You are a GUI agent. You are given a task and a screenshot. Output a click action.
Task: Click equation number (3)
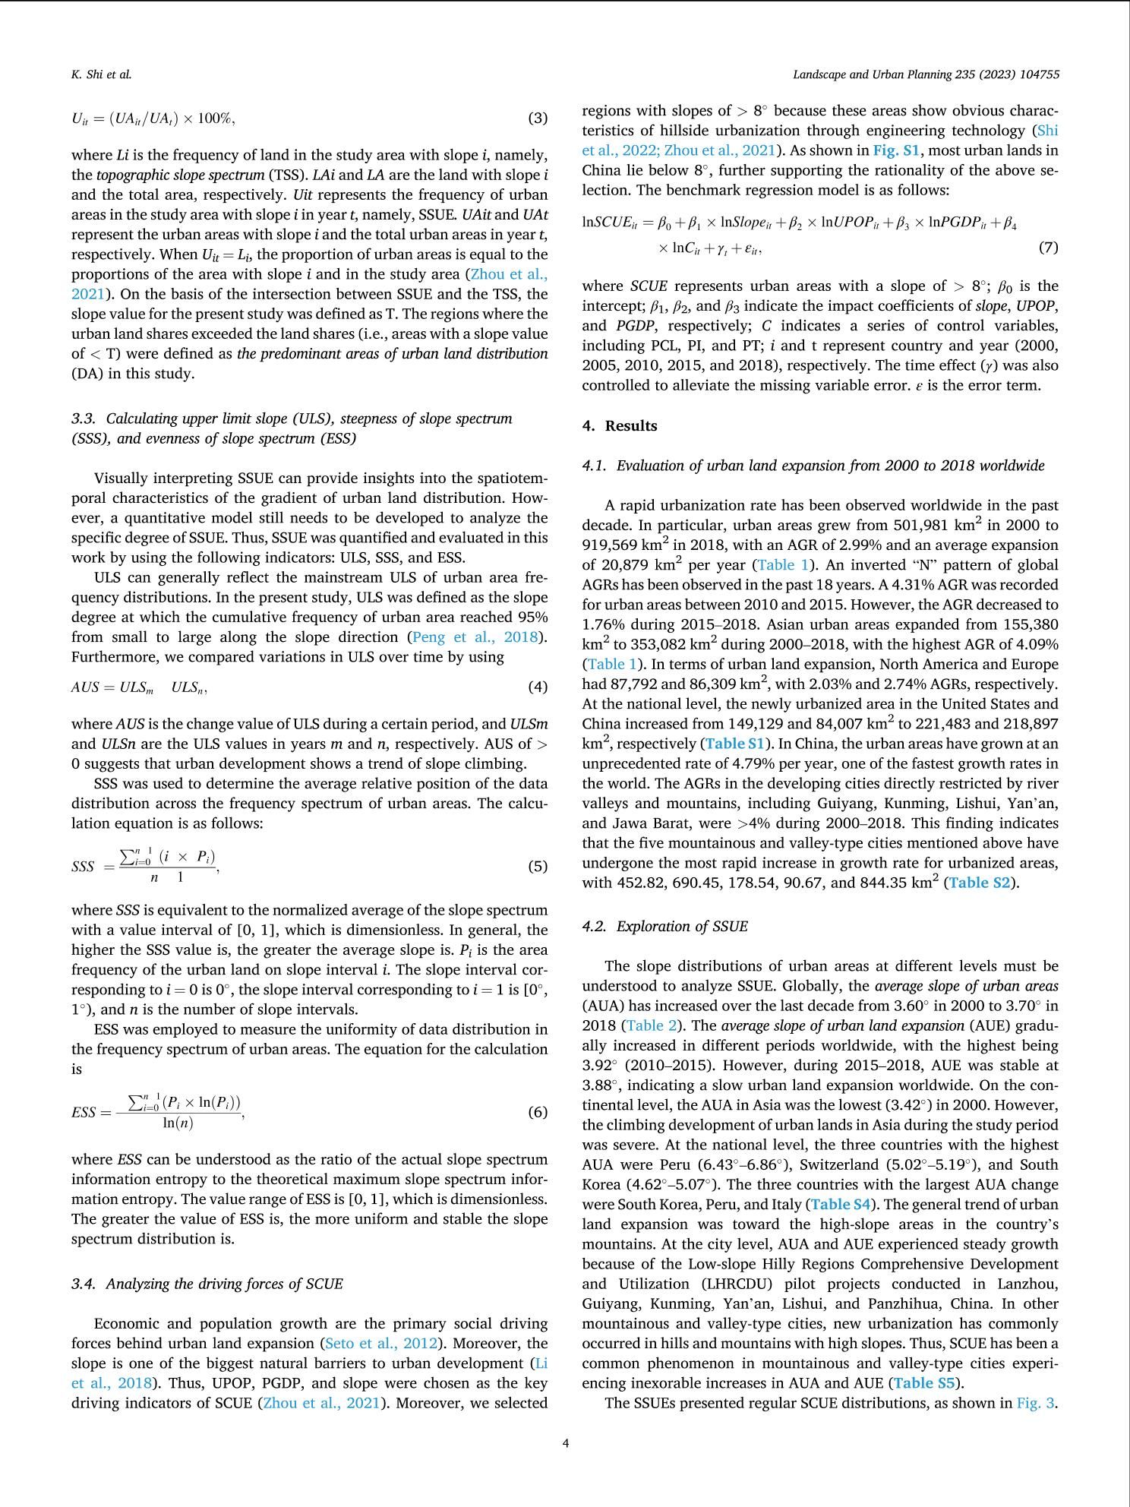tap(537, 118)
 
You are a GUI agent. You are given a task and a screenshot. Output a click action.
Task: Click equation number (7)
tap(1047, 248)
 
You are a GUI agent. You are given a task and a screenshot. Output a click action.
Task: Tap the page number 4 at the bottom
tap(565, 1443)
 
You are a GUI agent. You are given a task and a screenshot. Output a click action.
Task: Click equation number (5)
tap(537, 866)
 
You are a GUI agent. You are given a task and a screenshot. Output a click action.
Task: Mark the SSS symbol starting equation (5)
tap(83, 867)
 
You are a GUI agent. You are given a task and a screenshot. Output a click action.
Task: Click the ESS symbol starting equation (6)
tap(84, 1113)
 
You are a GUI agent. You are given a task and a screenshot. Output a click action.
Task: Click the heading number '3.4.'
tap(84, 1284)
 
